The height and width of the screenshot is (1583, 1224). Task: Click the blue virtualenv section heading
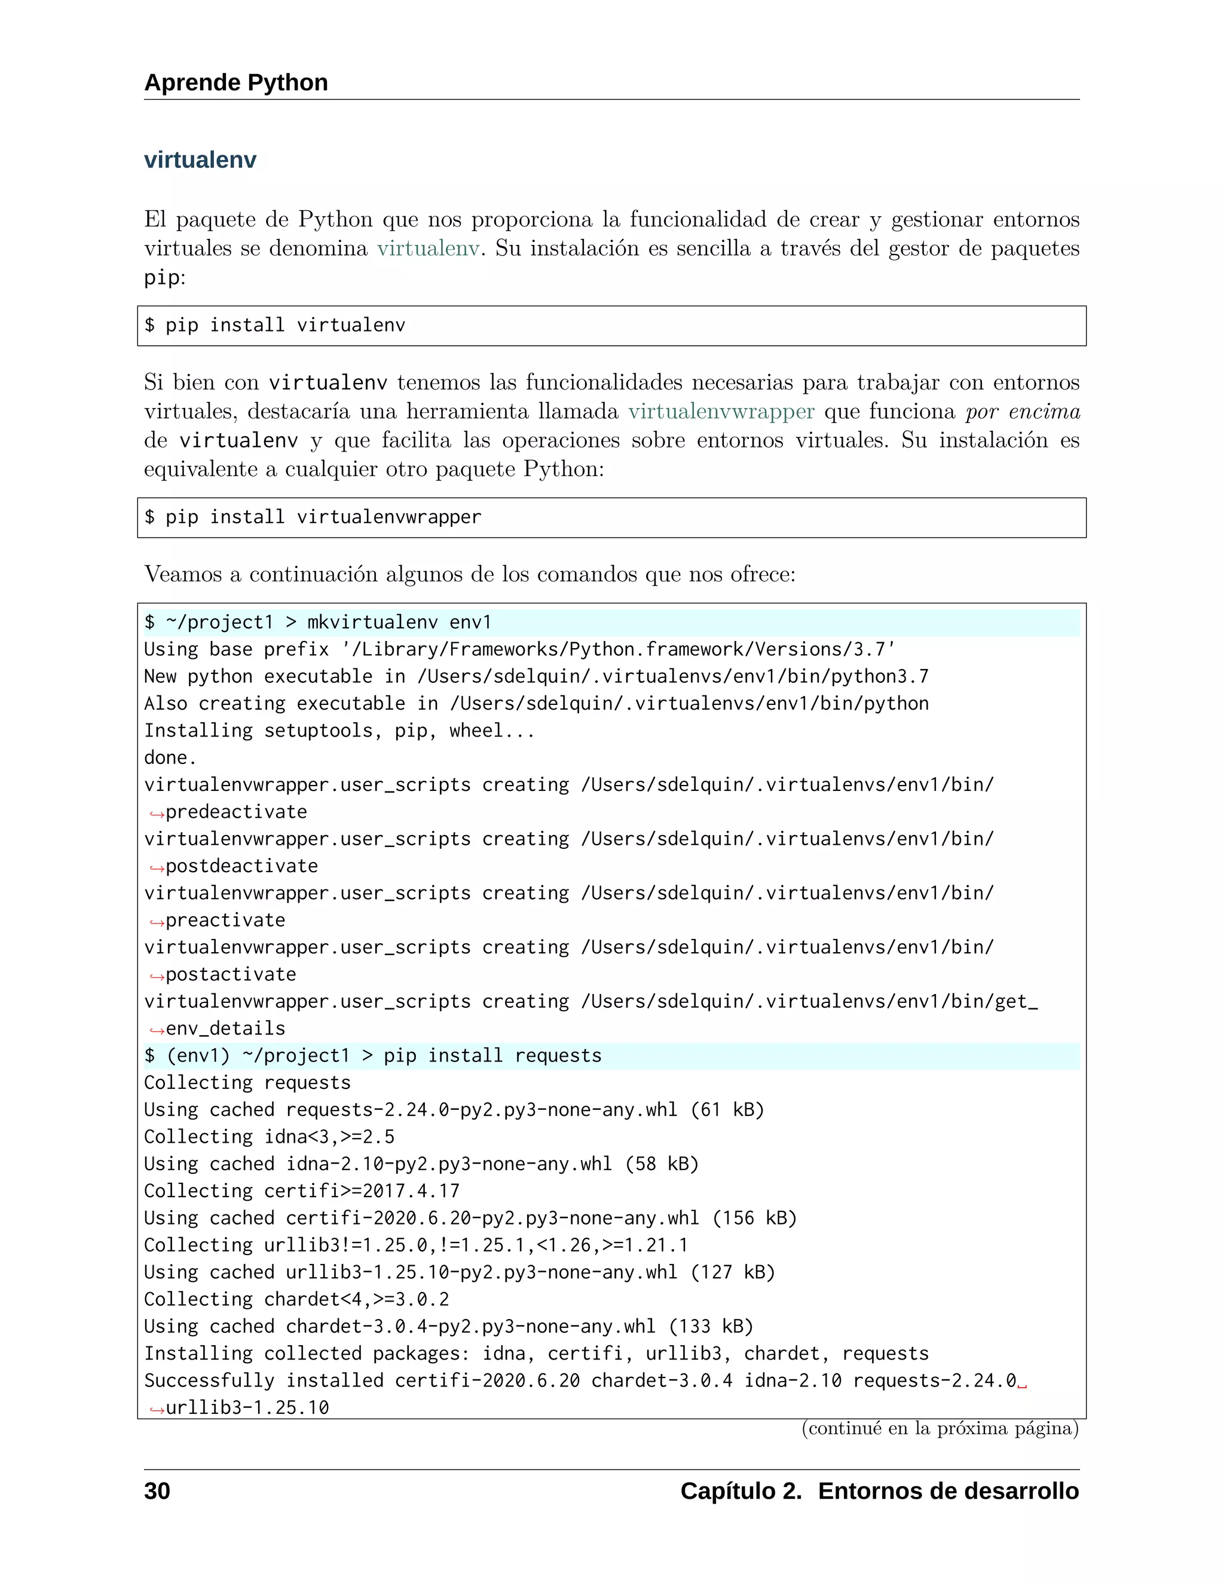(x=200, y=160)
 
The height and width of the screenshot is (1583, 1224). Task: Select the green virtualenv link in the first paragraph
(x=428, y=249)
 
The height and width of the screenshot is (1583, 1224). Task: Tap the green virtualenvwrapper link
(x=721, y=412)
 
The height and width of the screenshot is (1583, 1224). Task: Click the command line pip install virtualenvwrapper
(x=313, y=517)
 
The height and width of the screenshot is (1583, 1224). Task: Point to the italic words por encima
(x=1023, y=412)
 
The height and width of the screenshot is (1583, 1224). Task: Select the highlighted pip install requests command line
(x=373, y=1056)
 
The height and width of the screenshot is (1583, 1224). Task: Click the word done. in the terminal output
(x=170, y=758)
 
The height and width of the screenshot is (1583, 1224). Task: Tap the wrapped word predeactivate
(x=237, y=812)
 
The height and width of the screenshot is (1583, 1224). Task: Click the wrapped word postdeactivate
(x=241, y=866)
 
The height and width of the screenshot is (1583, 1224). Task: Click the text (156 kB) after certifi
(x=754, y=1219)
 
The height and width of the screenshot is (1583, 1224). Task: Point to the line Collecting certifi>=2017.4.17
(x=302, y=1192)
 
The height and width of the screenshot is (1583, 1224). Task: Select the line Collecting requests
(x=247, y=1083)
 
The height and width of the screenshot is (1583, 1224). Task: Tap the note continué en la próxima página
(x=940, y=1429)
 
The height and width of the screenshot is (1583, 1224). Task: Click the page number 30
(x=157, y=1492)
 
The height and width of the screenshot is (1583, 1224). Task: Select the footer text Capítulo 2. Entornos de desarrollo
(x=879, y=1492)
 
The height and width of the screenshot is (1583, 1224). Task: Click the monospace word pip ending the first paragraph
(x=161, y=278)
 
